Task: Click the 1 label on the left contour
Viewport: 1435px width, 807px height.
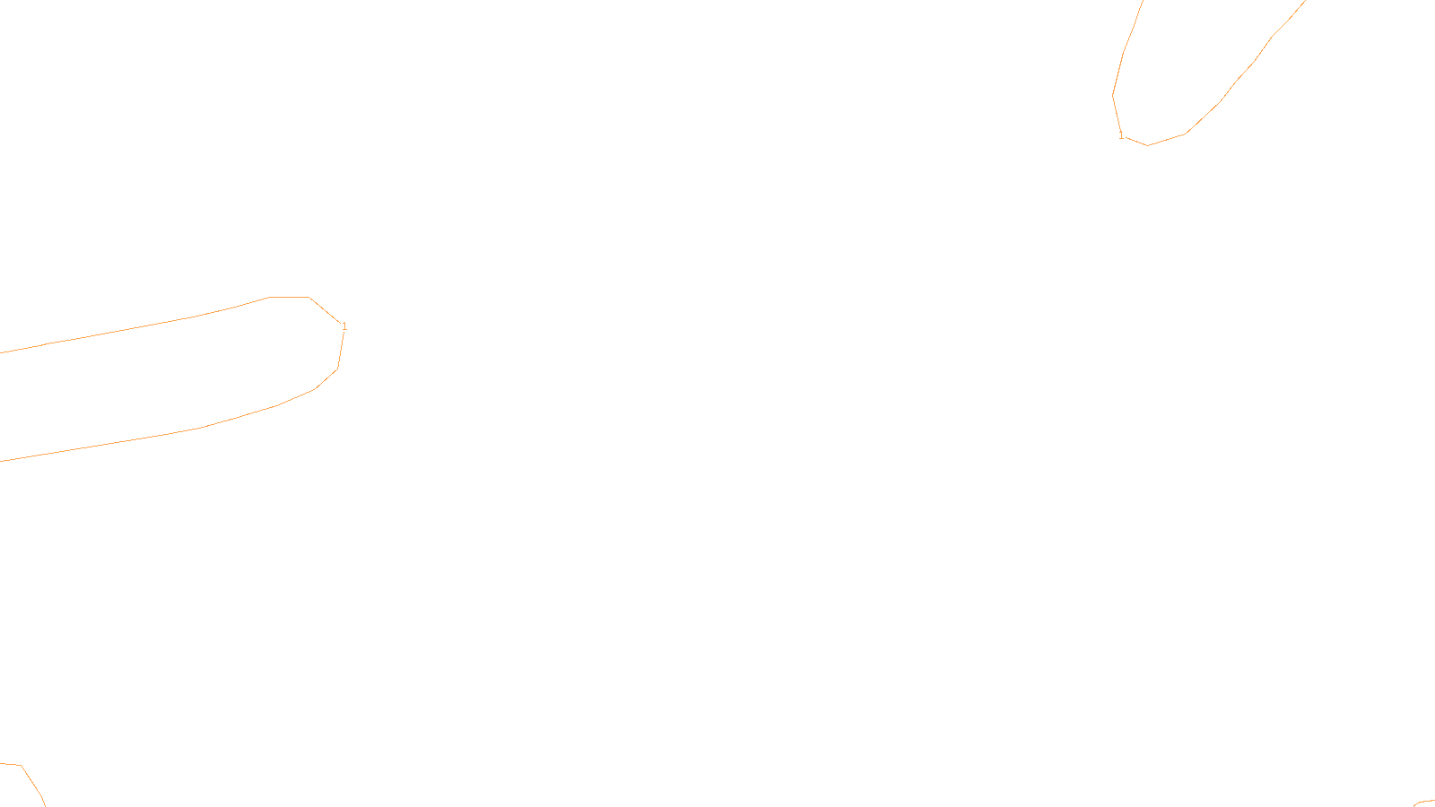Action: pyautogui.click(x=344, y=326)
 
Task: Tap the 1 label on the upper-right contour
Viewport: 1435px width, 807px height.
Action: pyautogui.click(x=1121, y=136)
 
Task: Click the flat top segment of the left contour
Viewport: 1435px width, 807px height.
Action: pyautogui.click(x=289, y=297)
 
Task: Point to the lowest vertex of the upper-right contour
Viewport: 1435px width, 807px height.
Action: pyautogui.click(x=1147, y=145)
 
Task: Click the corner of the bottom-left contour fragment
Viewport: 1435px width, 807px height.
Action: pyautogui.click(x=21, y=766)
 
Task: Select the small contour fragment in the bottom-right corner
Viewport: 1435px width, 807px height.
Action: pyautogui.click(x=1423, y=803)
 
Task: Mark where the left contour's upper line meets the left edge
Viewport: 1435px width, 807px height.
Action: pyautogui.click(x=2, y=352)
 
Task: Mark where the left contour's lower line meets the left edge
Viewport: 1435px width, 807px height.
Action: pyautogui.click(x=2, y=461)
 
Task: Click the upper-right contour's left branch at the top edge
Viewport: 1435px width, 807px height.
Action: pyautogui.click(x=1143, y=2)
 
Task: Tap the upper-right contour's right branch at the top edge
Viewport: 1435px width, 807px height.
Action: pyautogui.click(x=1303, y=2)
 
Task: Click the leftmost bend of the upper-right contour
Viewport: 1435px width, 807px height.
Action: pyautogui.click(x=1113, y=95)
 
